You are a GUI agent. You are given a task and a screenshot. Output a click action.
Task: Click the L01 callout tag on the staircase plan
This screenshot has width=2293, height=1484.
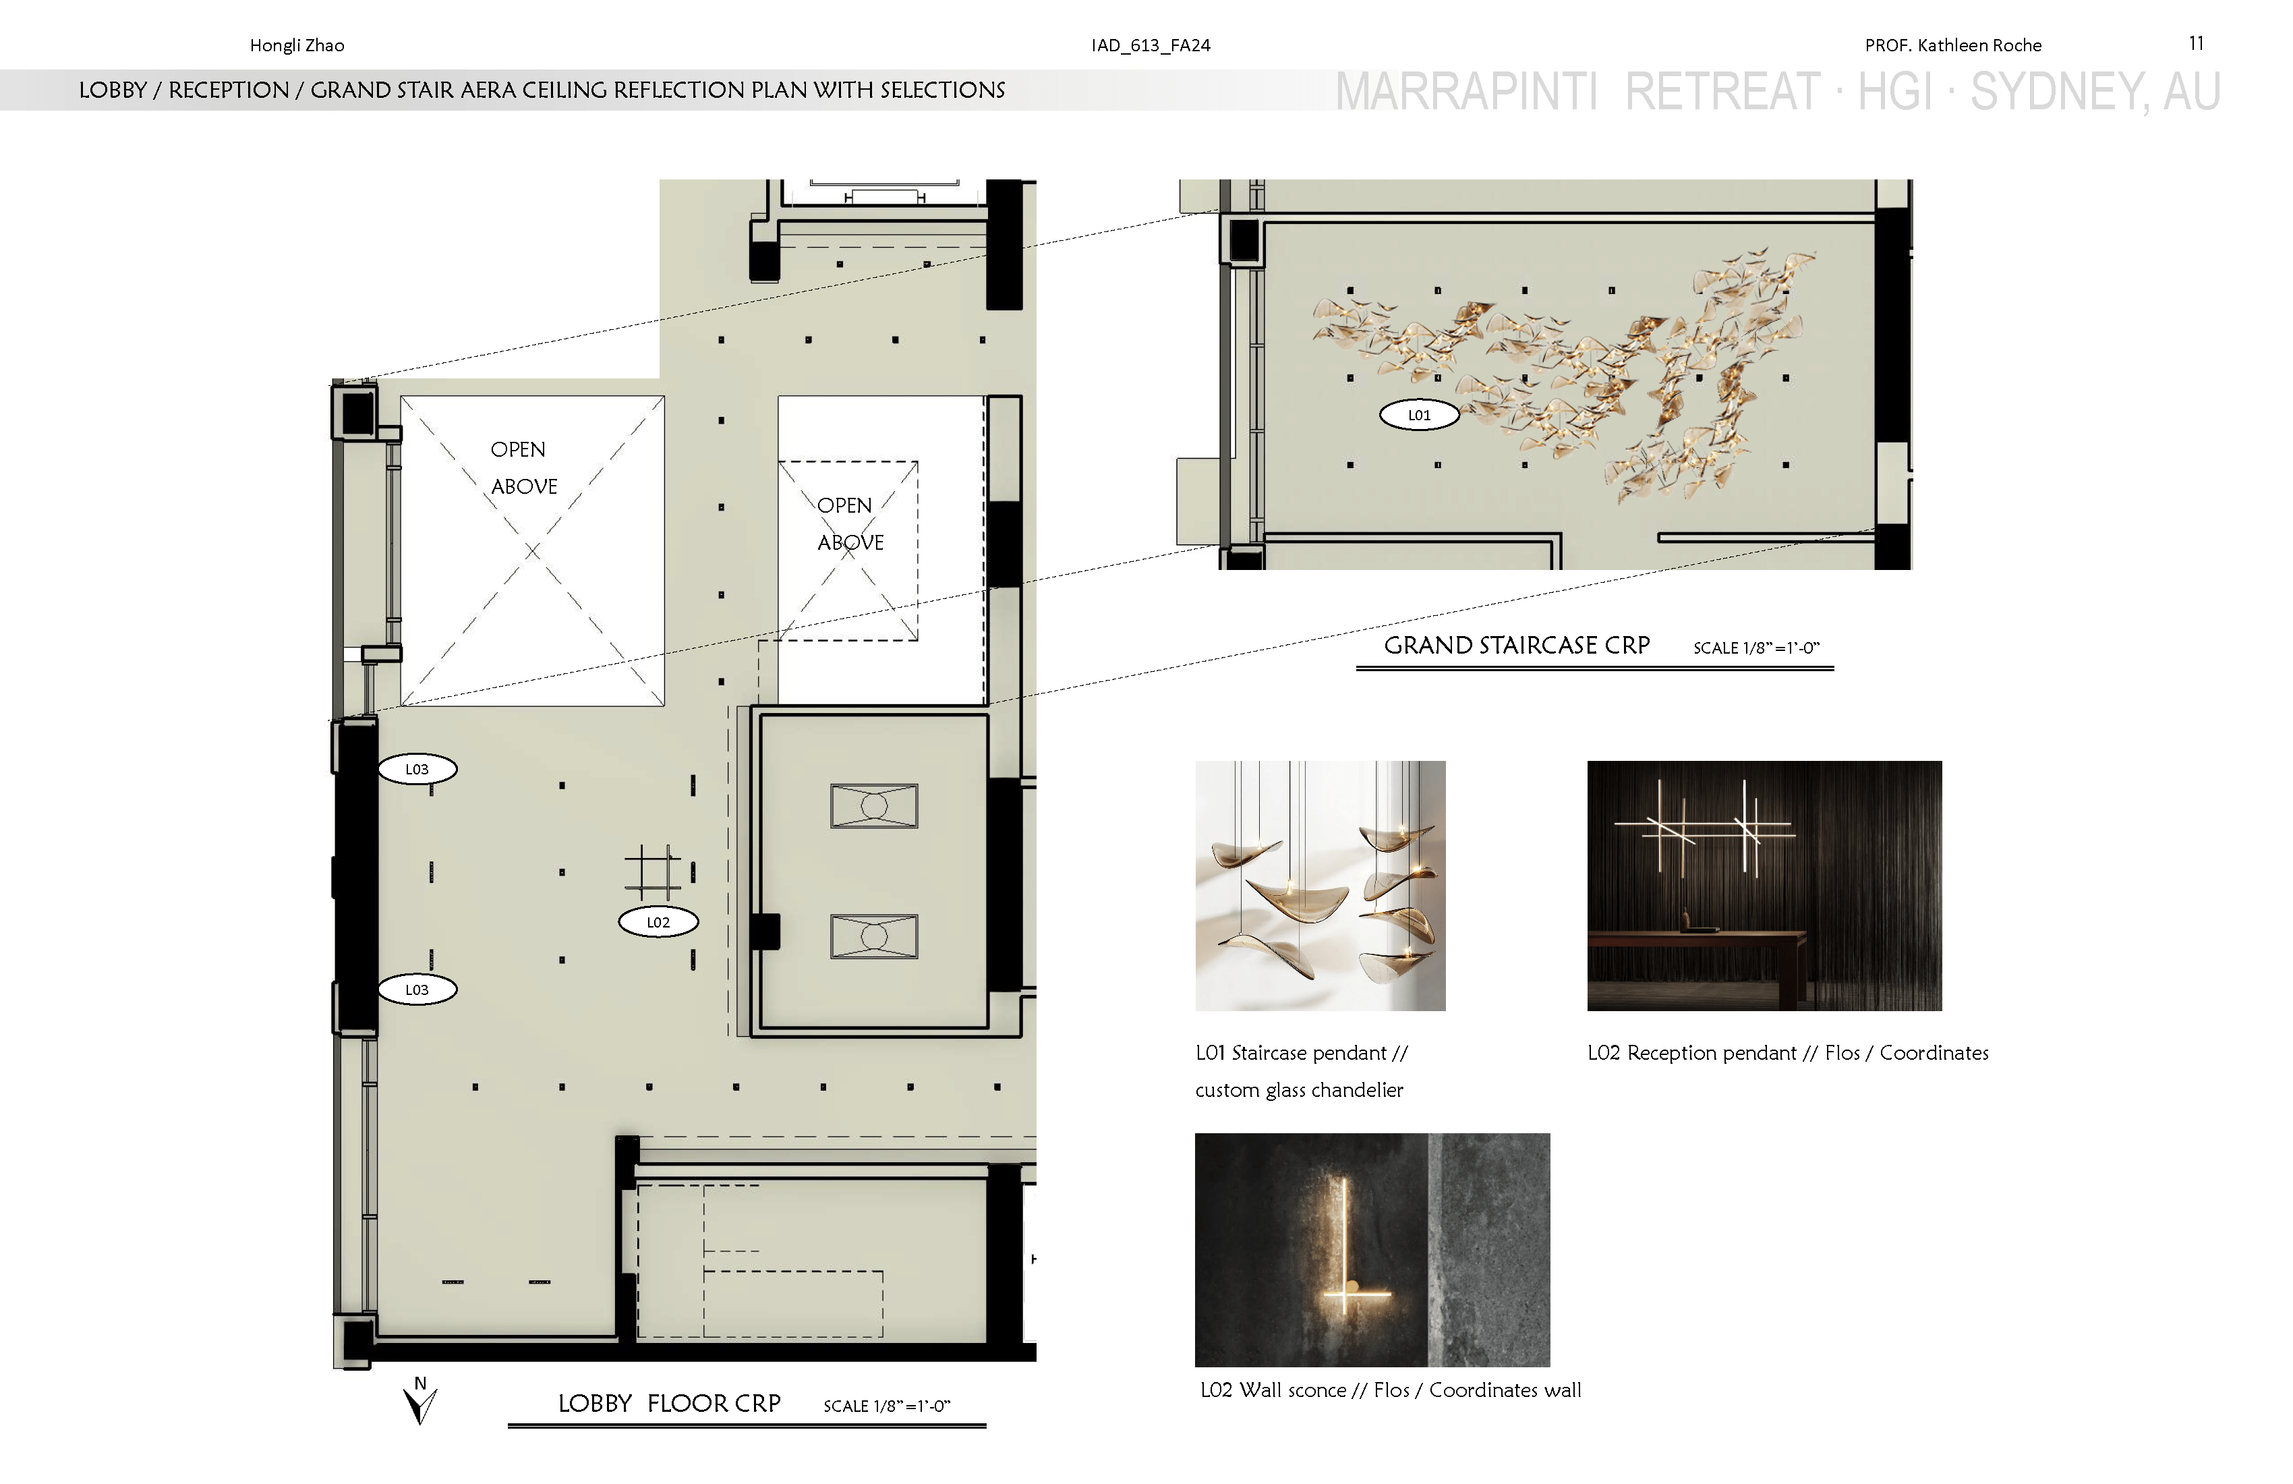click(x=1419, y=416)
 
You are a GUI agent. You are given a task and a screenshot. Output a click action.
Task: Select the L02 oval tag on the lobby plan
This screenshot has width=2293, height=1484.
click(x=658, y=922)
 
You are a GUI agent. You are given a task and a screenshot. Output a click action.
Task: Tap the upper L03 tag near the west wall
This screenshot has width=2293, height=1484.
click(x=417, y=769)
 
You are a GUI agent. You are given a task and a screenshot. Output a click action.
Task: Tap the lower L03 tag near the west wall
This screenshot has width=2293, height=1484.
click(x=417, y=990)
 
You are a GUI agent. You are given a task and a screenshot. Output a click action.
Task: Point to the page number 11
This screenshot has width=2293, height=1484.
click(x=2197, y=43)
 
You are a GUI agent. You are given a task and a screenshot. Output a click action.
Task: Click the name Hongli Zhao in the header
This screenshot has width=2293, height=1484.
click(x=297, y=45)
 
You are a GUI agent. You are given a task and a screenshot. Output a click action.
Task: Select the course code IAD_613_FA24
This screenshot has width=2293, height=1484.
click(x=1151, y=45)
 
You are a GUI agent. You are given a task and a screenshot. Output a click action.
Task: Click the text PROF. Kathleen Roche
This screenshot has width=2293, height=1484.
click(x=1953, y=45)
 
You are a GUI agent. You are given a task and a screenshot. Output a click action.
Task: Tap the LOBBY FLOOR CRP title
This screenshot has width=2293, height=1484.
click(x=670, y=1403)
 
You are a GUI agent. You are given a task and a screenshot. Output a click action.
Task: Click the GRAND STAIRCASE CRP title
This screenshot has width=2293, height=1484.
click(x=1517, y=645)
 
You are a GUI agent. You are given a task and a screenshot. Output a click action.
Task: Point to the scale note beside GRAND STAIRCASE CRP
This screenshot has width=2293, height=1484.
click(x=1756, y=648)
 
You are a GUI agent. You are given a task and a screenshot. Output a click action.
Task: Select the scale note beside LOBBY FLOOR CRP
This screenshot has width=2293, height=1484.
click(x=886, y=1406)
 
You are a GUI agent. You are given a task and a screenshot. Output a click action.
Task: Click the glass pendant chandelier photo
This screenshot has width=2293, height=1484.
click(x=1320, y=886)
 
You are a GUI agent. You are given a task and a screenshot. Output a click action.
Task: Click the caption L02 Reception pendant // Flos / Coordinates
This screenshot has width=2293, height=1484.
click(x=1788, y=1053)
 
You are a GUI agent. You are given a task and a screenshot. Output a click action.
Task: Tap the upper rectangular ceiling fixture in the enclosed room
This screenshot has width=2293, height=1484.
click(x=874, y=805)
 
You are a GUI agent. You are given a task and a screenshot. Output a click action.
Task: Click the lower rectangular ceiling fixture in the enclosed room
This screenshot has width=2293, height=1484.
click(x=874, y=936)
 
